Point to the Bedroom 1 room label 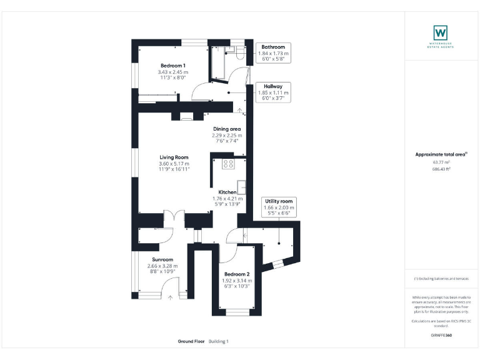pyautogui.click(x=172, y=66)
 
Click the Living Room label pyautogui.click(x=174, y=157)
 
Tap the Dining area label pyautogui.click(x=226, y=129)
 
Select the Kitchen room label pyautogui.click(x=227, y=192)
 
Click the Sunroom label pyautogui.click(x=162, y=259)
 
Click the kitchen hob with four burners pyautogui.click(x=228, y=164)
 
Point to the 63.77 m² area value pyautogui.click(x=441, y=162)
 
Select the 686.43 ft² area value pyautogui.click(x=441, y=169)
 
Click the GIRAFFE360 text pyautogui.click(x=441, y=336)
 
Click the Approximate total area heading pyautogui.click(x=441, y=154)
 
